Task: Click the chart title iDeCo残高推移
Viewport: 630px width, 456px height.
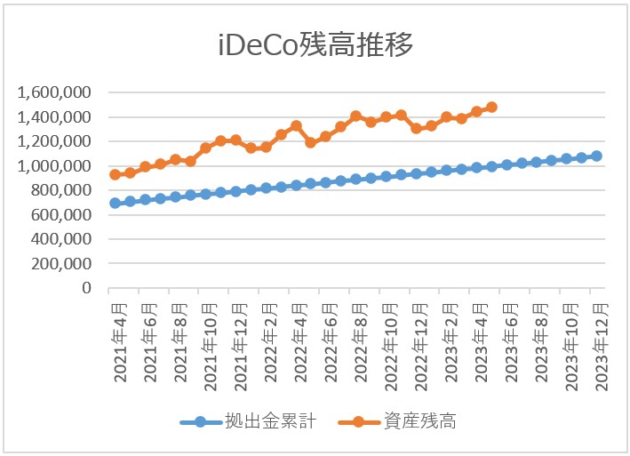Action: tap(315, 45)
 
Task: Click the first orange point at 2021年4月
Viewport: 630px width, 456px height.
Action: tap(115, 174)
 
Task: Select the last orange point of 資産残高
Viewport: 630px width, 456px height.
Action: tap(491, 107)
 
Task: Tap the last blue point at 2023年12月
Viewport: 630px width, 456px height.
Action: tap(596, 156)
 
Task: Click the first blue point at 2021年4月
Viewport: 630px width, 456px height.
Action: tap(115, 203)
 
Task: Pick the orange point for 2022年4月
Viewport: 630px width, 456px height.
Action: tap(296, 126)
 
